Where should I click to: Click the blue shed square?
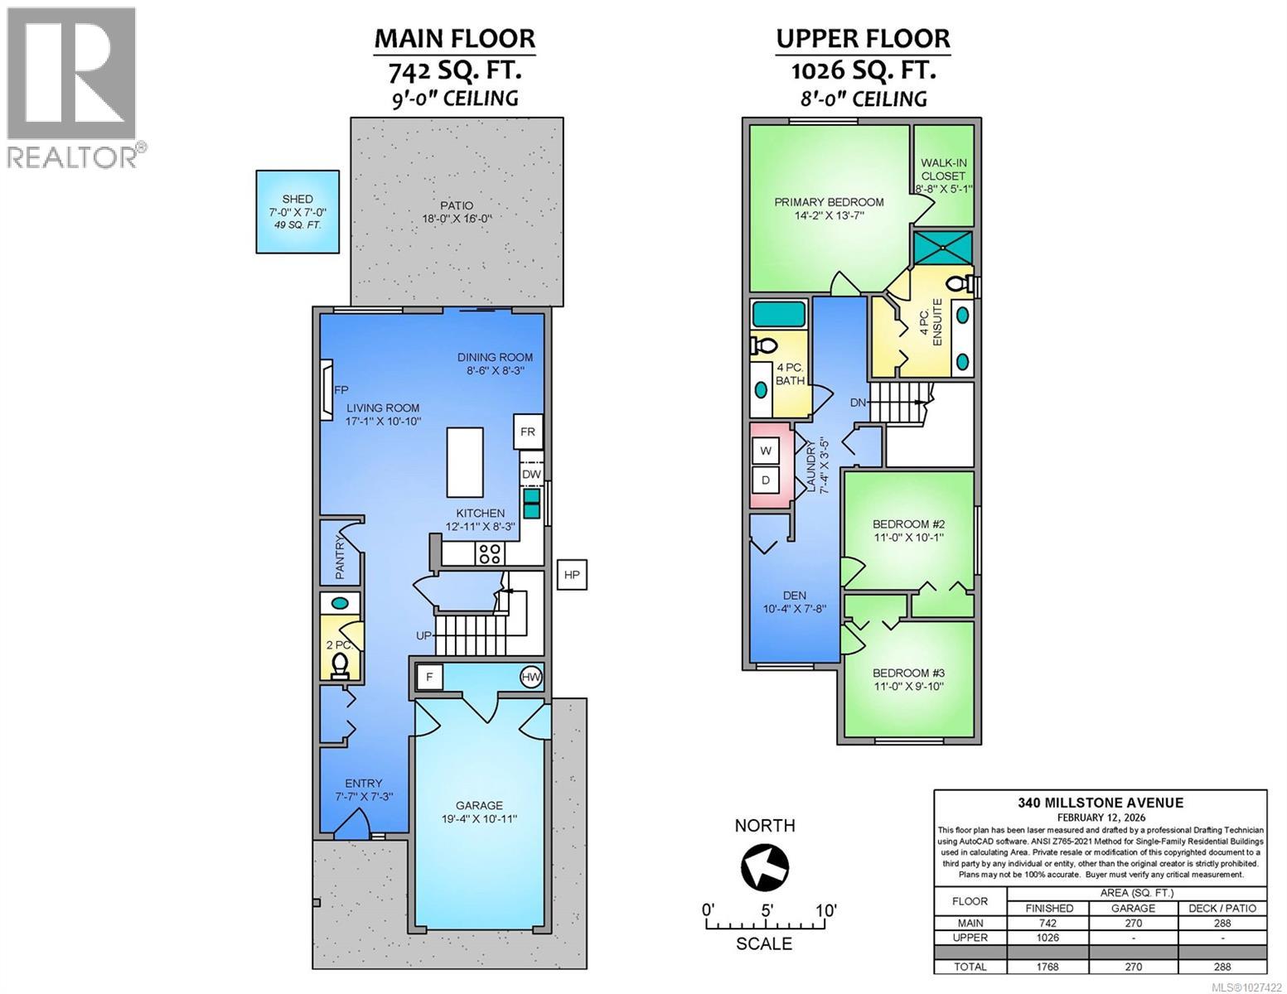pos(298,211)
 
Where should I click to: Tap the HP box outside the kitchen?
pos(572,574)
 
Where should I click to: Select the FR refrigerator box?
pos(528,432)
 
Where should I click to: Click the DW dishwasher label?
pos(531,475)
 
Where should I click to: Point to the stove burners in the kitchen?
pos(489,552)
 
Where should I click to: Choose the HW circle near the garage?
pos(531,678)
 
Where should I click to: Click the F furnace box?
pos(429,678)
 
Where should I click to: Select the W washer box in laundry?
pos(766,451)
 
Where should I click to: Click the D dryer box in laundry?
pos(766,480)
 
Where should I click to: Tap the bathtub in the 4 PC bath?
pos(778,316)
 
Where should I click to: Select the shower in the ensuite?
pos(942,247)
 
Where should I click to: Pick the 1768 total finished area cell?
pos(1048,966)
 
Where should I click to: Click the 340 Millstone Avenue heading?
pos(1100,802)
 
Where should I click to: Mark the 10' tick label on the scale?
pos(825,910)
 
